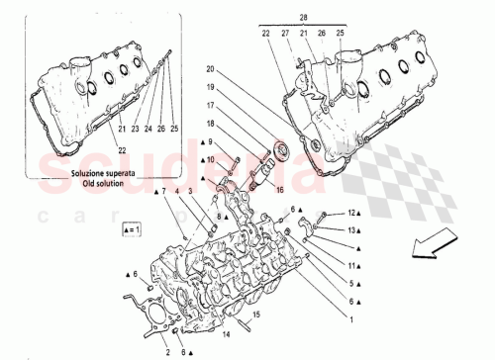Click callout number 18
tap(211, 123)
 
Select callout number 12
tap(350, 214)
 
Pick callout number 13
tap(350, 230)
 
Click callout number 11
tap(350, 266)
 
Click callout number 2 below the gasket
tap(168, 351)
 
